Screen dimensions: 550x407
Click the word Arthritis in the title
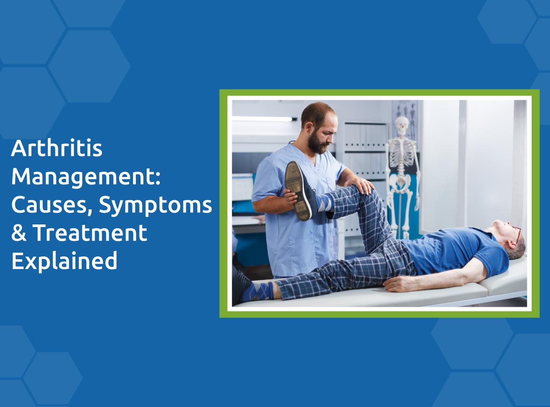point(57,148)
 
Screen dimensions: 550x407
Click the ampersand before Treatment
point(19,233)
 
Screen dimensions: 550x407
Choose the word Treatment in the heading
point(90,233)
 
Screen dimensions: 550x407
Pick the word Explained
point(64,261)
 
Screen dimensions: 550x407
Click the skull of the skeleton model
point(401,126)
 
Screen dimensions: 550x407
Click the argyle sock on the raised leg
point(324,203)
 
